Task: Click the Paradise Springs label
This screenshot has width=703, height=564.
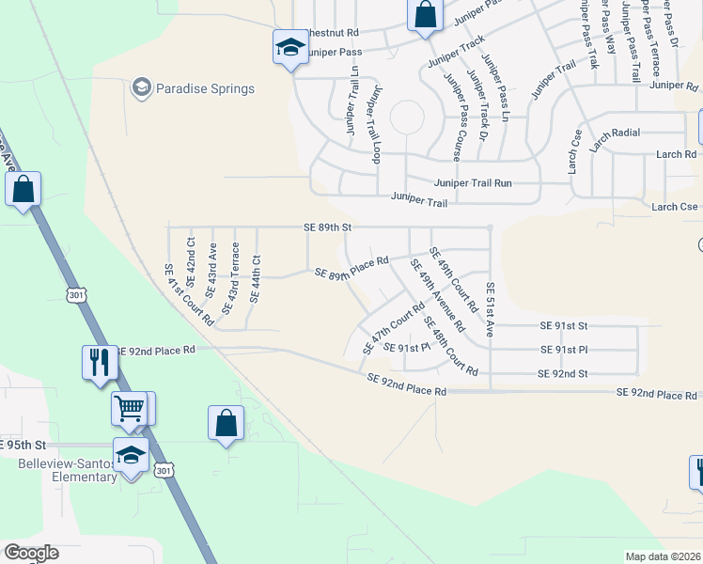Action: (x=206, y=89)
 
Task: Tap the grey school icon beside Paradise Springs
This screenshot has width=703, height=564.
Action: (x=142, y=88)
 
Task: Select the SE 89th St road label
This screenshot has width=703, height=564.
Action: (x=327, y=227)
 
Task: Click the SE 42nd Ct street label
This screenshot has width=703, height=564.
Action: (x=191, y=261)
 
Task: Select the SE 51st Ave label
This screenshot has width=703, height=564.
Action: (x=490, y=309)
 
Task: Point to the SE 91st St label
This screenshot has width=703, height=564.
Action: (x=563, y=325)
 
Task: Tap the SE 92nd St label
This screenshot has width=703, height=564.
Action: (x=562, y=373)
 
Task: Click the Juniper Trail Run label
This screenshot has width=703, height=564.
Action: (x=473, y=183)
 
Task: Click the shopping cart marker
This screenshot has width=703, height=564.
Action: (x=129, y=409)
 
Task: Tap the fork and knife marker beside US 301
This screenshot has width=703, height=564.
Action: (x=100, y=362)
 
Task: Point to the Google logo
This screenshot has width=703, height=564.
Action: (x=31, y=553)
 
